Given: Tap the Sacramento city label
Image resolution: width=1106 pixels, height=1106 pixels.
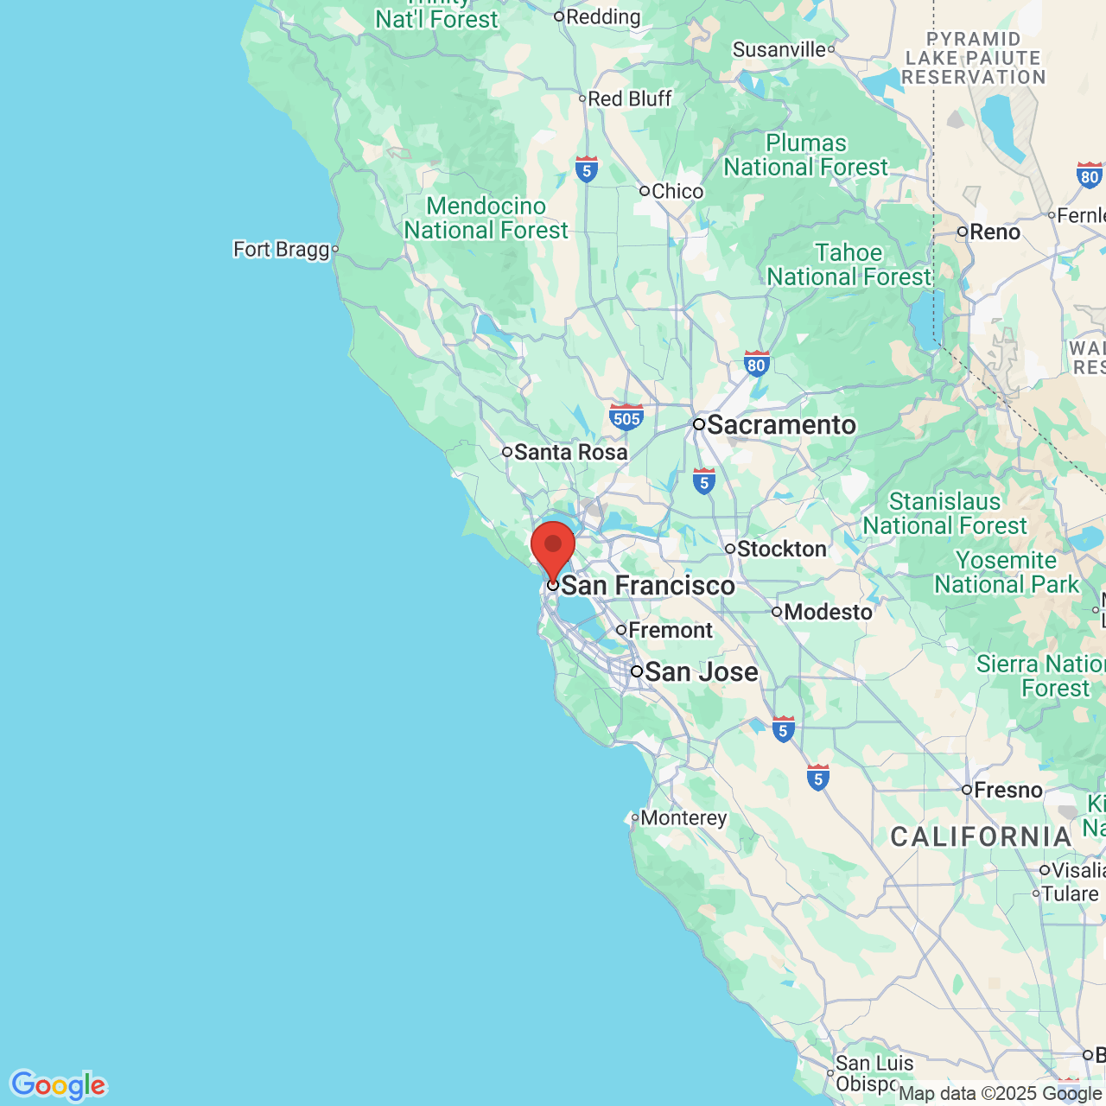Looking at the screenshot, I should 780,425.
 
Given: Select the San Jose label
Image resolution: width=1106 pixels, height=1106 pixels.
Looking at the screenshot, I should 701,672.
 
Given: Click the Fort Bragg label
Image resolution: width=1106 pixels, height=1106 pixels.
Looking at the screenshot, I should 282,250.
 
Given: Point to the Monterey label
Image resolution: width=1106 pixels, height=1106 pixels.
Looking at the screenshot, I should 683,817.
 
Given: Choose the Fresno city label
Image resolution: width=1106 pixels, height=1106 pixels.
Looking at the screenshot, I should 1007,790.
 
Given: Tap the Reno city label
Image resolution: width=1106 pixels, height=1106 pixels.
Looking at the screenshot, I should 995,232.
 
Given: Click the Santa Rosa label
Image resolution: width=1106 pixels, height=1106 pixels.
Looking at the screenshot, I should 570,452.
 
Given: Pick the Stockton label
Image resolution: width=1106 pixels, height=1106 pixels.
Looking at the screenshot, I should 781,549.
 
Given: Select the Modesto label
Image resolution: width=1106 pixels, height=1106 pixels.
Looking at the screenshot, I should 828,612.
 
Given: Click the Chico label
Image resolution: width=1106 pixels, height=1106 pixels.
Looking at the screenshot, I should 677,191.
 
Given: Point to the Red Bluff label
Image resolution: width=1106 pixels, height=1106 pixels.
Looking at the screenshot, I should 629,99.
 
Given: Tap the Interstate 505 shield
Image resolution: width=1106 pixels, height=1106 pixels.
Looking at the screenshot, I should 626,417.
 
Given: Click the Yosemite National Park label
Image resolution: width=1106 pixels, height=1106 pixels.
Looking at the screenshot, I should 1007,573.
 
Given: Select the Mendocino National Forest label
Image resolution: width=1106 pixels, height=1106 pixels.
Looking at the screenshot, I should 486,218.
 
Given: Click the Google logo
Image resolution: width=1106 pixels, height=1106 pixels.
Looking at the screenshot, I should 58,1085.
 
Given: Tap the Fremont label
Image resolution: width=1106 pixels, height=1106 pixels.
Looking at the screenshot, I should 670,630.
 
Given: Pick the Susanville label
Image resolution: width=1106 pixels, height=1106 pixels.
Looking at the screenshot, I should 779,49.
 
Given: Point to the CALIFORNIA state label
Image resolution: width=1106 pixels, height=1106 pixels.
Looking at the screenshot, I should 981,836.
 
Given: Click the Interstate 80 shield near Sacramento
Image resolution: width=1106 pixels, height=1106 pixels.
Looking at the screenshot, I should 757,364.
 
